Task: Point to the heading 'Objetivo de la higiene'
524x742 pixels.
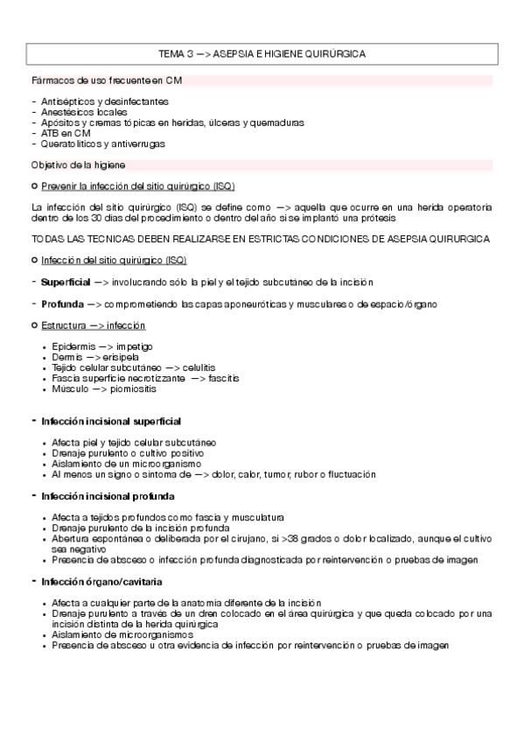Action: [78, 164]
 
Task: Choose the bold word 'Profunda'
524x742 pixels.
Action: [60, 304]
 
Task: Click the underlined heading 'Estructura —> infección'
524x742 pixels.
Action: [89, 325]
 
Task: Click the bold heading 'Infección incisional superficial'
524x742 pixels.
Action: [111, 421]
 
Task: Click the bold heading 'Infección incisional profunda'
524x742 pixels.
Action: [108, 496]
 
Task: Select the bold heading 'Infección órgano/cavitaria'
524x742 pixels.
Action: [101, 581]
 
